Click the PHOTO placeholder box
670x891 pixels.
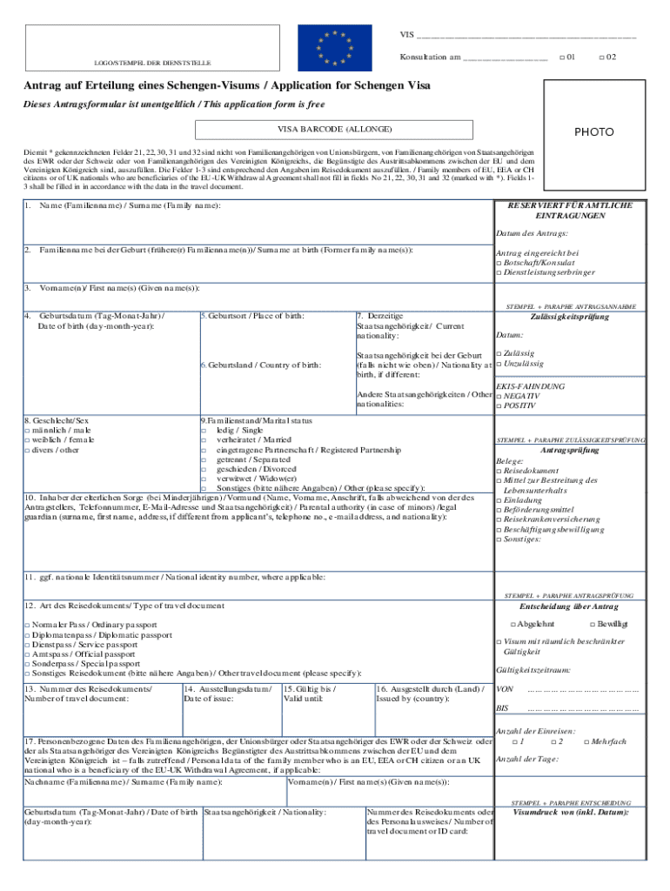click(593, 132)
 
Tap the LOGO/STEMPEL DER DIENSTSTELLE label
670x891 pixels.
click(152, 63)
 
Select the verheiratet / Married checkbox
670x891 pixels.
click(204, 440)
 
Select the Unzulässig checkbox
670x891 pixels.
click(499, 364)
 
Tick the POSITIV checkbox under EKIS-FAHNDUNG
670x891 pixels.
click(499, 405)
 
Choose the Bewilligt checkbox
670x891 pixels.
click(593, 625)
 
